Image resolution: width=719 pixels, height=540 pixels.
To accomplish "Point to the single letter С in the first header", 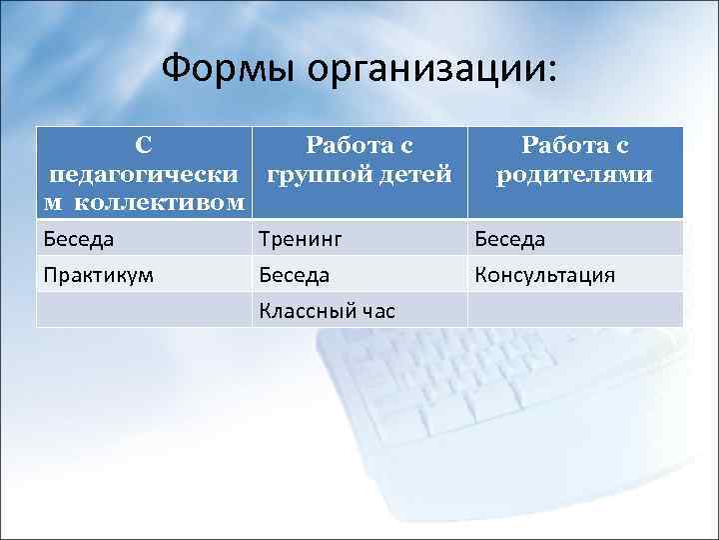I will pyautogui.click(x=144, y=146).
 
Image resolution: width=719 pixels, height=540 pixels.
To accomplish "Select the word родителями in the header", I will pyautogui.click(x=576, y=175).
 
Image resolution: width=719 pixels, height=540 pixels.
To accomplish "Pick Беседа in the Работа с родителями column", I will pyautogui.click(x=510, y=239).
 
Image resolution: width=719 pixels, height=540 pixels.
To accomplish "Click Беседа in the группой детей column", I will pyautogui.click(x=294, y=275).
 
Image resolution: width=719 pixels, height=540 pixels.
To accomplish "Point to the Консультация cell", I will pyautogui.click(x=544, y=275).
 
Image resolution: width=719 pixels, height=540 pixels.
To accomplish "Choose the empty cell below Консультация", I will pyautogui.click(x=575, y=310).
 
